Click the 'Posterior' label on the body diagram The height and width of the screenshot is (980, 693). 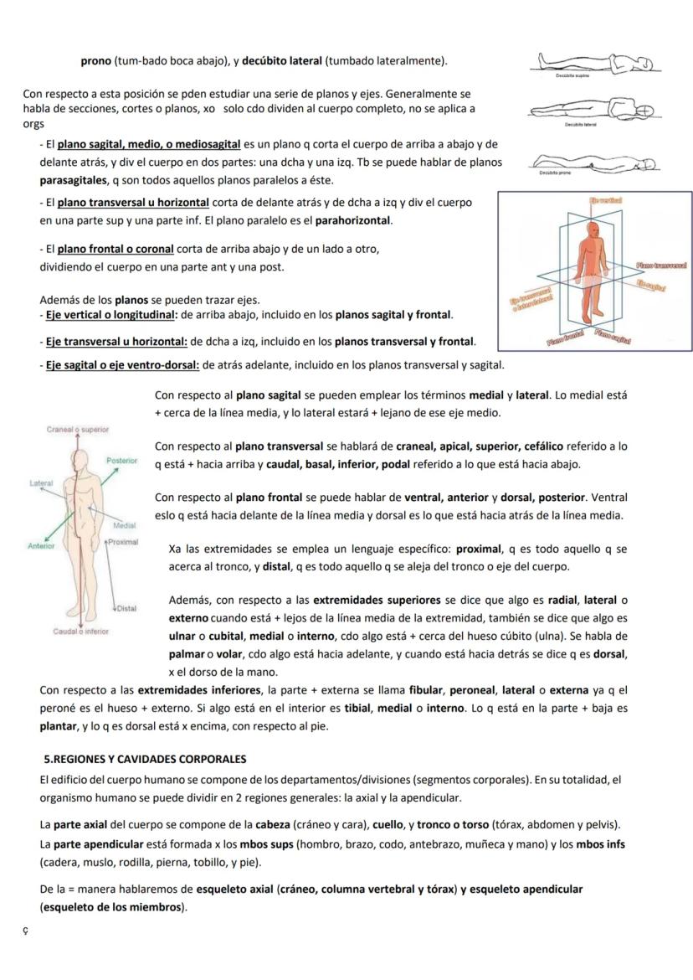(121, 461)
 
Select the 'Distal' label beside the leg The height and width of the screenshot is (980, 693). (126, 608)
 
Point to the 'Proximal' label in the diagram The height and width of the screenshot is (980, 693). (123, 542)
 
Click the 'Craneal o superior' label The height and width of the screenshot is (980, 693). (78, 429)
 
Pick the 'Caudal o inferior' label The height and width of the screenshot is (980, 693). (81, 632)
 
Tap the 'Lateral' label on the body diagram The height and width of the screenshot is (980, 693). (42, 483)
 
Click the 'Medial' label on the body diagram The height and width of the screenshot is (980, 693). (124, 525)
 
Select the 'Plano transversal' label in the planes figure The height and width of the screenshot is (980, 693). (661, 265)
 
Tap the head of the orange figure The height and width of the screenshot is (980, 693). (594, 228)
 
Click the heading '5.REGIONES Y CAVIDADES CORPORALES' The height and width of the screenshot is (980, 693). (146, 759)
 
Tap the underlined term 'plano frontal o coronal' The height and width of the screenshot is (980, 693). (116, 249)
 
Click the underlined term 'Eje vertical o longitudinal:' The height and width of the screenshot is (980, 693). (111, 315)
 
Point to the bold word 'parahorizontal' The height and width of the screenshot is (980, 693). (352, 220)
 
